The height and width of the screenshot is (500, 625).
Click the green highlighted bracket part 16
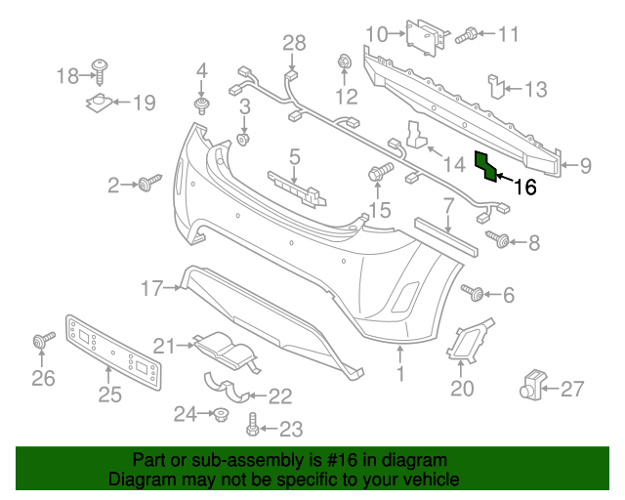[x=485, y=167]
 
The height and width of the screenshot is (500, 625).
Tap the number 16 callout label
[x=524, y=187]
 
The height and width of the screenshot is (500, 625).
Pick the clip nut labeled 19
[x=101, y=102]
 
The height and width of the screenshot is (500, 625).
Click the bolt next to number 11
[x=467, y=35]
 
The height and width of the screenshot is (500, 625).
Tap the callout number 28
[x=294, y=42]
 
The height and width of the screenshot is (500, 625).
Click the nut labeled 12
[x=345, y=63]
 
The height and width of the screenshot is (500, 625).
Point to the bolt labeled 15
[x=378, y=174]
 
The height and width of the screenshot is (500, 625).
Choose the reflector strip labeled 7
[x=445, y=231]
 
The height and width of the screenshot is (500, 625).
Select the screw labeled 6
[x=475, y=291]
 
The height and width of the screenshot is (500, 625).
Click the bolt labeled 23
[x=253, y=423]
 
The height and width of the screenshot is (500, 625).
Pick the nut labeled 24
[x=221, y=415]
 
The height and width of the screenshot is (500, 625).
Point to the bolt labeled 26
[x=43, y=341]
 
